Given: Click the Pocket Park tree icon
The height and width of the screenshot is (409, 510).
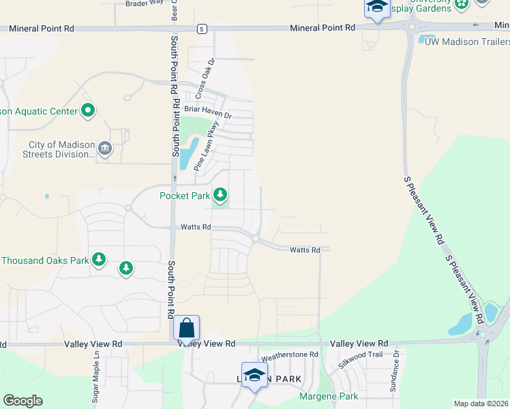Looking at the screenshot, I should tap(220, 196).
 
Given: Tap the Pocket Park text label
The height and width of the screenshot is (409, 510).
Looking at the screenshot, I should tap(184, 196).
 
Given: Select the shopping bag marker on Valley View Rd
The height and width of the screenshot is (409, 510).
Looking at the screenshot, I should tap(186, 329).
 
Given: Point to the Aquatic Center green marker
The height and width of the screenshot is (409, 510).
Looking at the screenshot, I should tap(87, 110).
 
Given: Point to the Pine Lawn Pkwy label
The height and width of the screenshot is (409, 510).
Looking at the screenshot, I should tap(206, 145).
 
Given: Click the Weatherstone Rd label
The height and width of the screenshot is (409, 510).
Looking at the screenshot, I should tap(290, 355).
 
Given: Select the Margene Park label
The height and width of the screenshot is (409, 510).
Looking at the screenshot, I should tap(329, 396).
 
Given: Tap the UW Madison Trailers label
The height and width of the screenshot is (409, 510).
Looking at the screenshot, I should tap(466, 42).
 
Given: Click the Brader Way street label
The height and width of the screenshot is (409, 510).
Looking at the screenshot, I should tap(145, 3).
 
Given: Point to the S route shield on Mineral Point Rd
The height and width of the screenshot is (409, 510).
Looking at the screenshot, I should tap(201, 29).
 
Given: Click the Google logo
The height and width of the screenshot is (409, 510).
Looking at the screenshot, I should tap(22, 401).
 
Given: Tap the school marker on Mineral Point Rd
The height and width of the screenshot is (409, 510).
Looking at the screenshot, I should tap(376, 7).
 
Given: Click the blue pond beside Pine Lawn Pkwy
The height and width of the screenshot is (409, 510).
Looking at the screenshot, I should tap(186, 153).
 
